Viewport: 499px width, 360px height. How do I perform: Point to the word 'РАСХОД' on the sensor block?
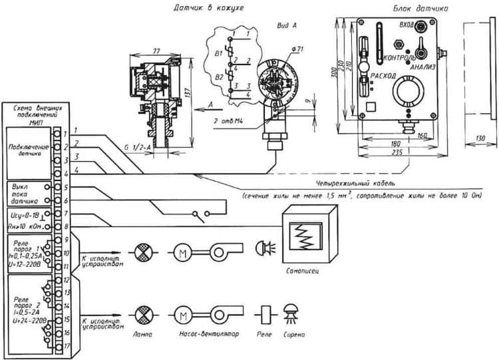(385, 75)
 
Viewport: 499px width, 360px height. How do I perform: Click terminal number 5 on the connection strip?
(67, 187)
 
